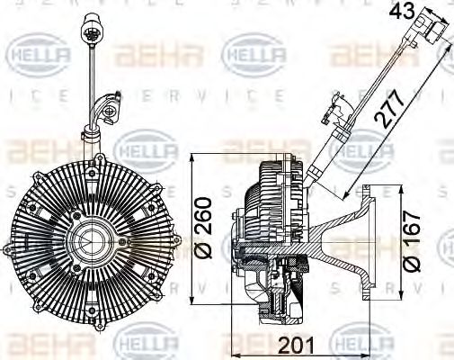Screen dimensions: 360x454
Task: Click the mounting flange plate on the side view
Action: [x=366, y=243]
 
